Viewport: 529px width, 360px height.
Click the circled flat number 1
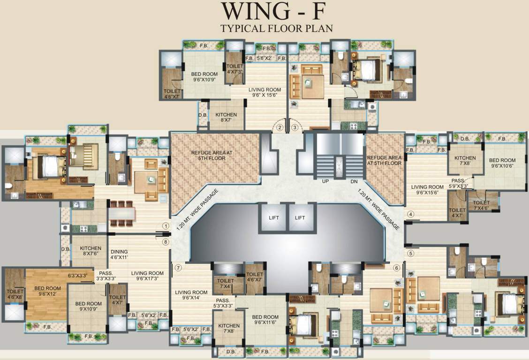165,225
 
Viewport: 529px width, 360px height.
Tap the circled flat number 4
411,215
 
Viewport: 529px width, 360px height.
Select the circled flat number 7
178,268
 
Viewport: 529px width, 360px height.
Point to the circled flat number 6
396,268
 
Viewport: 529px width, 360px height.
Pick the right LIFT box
300,217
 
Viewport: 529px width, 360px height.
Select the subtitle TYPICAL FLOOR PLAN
277,28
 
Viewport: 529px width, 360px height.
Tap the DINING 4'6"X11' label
119,254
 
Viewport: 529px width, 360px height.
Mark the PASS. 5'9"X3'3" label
458,183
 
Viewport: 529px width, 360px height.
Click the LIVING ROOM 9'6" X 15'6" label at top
264,92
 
